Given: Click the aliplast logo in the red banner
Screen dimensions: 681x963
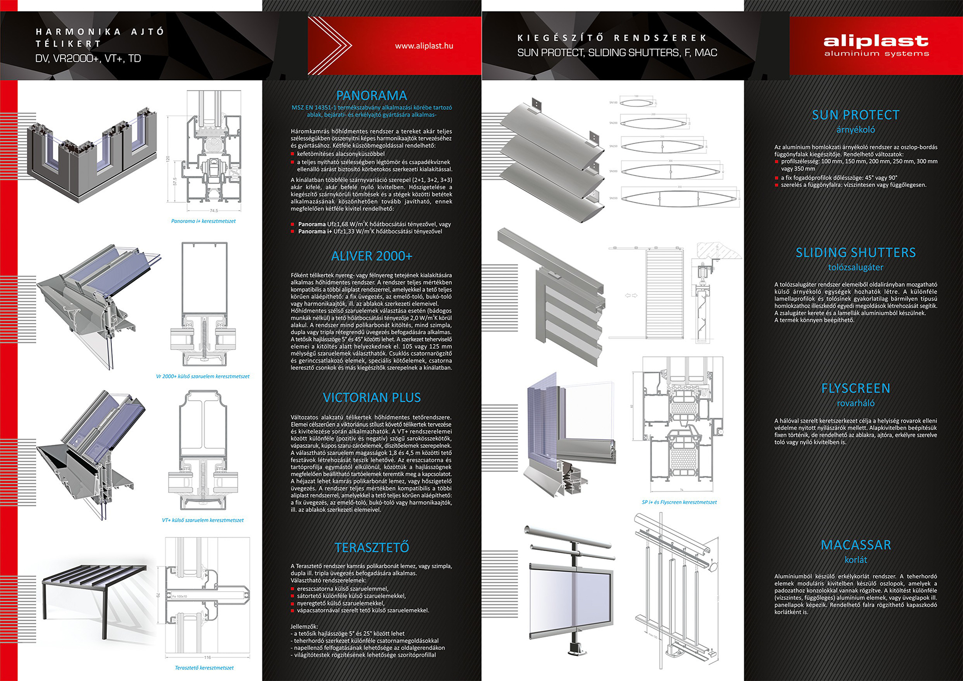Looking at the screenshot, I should (876, 45).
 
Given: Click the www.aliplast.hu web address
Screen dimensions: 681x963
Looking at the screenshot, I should (424, 46).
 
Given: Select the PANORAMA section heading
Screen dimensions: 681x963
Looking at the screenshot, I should (371, 95).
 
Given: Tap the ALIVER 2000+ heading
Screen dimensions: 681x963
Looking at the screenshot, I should (371, 256).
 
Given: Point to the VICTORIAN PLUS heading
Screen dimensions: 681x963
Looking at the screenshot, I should (371, 398).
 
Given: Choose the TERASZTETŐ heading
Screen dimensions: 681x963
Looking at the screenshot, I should (371, 547).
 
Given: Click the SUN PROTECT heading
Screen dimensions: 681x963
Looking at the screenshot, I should (856, 115).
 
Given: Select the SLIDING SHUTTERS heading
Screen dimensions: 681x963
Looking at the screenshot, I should (856, 253).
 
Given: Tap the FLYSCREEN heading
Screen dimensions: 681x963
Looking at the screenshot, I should (856, 388).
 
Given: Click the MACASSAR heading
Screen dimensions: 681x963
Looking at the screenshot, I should (856, 545).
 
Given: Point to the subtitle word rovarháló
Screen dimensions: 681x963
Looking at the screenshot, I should (856, 403).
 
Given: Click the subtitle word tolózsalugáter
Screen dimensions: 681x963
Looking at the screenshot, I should (856, 267).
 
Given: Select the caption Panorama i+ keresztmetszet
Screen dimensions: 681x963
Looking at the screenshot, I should (203, 221).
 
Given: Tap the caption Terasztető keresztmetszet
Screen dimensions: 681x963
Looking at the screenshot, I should (204, 668).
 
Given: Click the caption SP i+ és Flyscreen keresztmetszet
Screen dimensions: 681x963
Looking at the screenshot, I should (679, 502).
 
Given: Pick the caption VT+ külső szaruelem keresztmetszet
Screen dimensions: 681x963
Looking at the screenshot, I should (203, 521).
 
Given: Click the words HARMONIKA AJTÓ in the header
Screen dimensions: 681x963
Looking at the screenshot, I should (100, 32).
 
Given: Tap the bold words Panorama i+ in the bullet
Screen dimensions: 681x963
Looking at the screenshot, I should (315, 232).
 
